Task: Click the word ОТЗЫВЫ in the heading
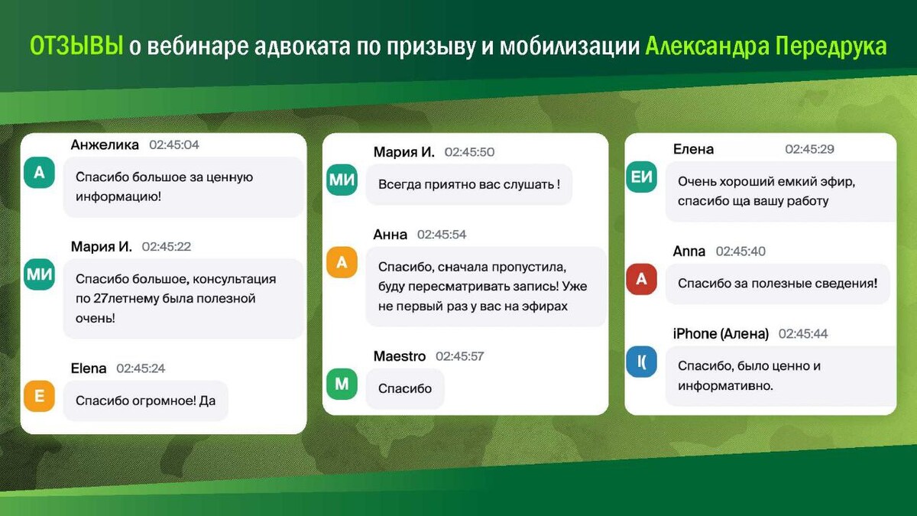click(x=76, y=46)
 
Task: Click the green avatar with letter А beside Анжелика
click(x=39, y=173)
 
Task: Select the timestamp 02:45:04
click(x=174, y=144)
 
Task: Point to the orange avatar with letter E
click(x=39, y=396)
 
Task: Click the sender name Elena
click(x=89, y=368)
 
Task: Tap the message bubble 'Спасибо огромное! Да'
click(x=146, y=401)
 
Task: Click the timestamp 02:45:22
click(x=167, y=246)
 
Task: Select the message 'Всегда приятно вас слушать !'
click(x=468, y=184)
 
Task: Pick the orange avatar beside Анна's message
click(x=342, y=262)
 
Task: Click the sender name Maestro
click(x=400, y=356)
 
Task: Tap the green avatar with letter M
click(x=342, y=384)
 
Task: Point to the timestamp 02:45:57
click(x=460, y=356)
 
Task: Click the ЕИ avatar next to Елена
click(x=641, y=177)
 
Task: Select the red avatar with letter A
click(x=641, y=279)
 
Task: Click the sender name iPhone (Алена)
click(x=721, y=334)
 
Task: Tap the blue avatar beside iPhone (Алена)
click(x=641, y=362)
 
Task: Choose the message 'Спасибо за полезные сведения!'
click(x=778, y=284)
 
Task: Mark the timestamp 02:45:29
click(x=810, y=148)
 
